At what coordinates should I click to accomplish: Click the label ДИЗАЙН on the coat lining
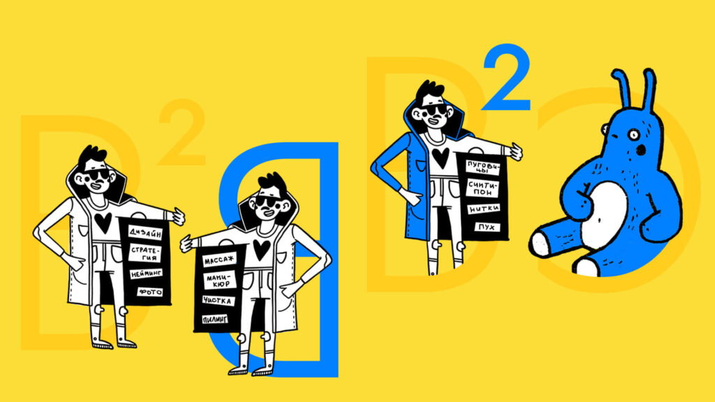click(x=145, y=232)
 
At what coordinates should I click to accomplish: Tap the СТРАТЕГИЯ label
click(x=145, y=253)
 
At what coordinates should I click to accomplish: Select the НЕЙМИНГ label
click(x=146, y=274)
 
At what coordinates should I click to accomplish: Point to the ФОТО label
click(x=150, y=292)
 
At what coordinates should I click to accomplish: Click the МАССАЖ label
click(x=220, y=260)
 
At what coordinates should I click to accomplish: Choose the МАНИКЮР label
click(x=219, y=281)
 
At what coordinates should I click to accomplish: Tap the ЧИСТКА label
click(x=218, y=301)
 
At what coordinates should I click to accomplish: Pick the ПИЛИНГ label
click(x=215, y=319)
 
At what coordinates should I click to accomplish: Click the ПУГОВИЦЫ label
click(x=483, y=167)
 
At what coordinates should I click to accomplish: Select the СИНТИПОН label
click(x=483, y=188)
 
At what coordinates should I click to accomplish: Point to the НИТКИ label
click(x=484, y=209)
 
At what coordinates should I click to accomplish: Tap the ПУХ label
click(x=487, y=227)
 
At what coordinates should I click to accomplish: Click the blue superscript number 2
click(x=507, y=77)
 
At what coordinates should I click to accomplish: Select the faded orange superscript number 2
click(x=182, y=132)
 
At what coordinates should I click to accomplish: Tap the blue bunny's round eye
click(x=634, y=135)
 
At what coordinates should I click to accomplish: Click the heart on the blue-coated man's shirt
click(x=440, y=157)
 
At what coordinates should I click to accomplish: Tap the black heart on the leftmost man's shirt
click(x=103, y=222)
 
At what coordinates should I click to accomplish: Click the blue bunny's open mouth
click(x=641, y=150)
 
